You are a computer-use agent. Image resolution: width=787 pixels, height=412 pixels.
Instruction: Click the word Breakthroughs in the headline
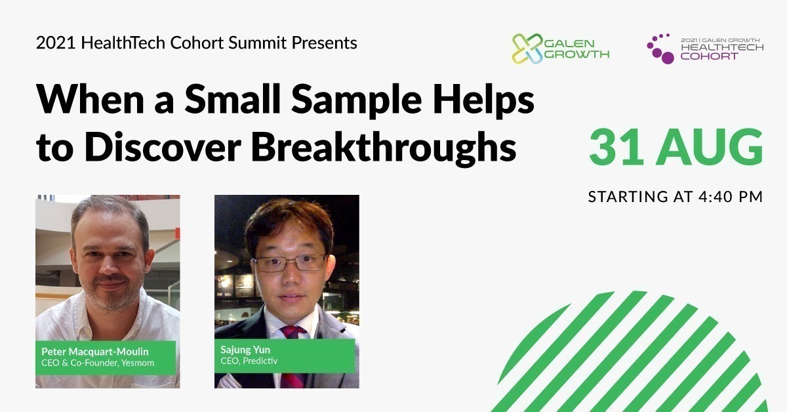click(383, 148)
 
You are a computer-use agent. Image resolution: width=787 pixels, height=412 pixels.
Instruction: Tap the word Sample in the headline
click(356, 100)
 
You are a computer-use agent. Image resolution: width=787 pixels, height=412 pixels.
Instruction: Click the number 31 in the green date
click(616, 147)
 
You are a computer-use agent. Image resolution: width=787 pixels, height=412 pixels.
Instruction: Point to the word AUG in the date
click(710, 147)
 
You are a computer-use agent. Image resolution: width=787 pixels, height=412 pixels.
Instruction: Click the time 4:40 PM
click(731, 197)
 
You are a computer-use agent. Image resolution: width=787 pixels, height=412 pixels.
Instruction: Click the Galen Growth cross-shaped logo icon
click(527, 49)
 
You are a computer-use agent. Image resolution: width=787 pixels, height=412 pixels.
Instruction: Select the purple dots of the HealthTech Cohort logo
click(660, 49)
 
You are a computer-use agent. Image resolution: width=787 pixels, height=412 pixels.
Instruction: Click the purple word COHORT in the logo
click(709, 56)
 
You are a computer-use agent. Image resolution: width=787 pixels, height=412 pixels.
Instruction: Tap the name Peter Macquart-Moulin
click(95, 352)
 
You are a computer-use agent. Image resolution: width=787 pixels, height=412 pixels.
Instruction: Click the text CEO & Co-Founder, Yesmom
click(98, 363)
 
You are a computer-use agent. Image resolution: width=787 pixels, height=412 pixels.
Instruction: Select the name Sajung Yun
click(245, 350)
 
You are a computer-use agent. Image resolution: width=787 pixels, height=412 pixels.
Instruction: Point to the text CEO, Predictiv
click(249, 361)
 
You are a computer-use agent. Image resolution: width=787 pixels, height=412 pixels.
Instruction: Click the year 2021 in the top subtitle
click(56, 43)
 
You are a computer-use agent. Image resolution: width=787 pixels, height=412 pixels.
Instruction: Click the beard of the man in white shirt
click(109, 295)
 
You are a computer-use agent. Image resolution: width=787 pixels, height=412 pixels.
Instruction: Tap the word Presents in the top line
click(324, 43)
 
